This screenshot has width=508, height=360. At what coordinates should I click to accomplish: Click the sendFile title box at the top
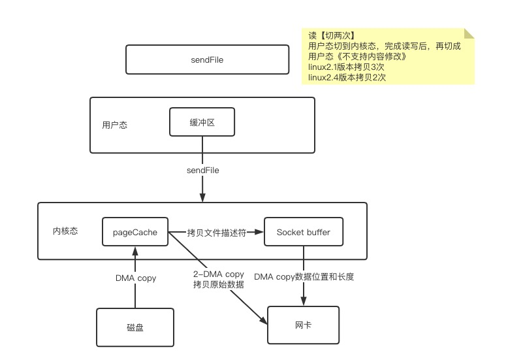coord(208,59)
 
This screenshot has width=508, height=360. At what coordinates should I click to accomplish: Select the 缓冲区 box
coord(202,122)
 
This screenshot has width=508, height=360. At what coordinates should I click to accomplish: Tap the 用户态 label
coord(115,125)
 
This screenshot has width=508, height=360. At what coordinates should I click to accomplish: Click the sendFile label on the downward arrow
coord(203,171)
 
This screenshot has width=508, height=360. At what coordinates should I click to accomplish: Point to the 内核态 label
coord(65,231)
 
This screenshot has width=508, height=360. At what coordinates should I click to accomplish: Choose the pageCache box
coord(135,231)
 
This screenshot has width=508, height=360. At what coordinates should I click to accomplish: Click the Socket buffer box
coord(304,231)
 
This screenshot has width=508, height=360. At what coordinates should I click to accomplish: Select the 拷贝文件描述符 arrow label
coord(216,233)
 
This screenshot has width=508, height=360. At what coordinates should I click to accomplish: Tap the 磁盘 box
coord(135,327)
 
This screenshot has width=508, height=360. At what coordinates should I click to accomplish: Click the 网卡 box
coord(303,325)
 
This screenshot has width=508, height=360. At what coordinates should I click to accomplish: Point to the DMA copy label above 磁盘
coord(136,278)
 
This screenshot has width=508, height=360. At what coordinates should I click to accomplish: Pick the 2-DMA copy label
coord(219,274)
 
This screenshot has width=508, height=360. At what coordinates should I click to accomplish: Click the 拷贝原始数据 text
coord(219,284)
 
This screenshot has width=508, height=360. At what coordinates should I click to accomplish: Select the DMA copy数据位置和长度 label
coord(304,276)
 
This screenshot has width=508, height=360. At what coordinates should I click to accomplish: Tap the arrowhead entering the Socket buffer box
coord(259,232)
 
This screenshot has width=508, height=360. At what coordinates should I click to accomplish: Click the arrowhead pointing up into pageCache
coord(135,251)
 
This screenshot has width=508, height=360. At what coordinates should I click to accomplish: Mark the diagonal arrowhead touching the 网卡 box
coord(264,320)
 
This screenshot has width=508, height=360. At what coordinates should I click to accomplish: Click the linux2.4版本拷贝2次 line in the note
coord(347,77)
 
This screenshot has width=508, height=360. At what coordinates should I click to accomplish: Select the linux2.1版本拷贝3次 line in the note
coord(346,67)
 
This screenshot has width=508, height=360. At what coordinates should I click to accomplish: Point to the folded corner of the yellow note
coord(469,33)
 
